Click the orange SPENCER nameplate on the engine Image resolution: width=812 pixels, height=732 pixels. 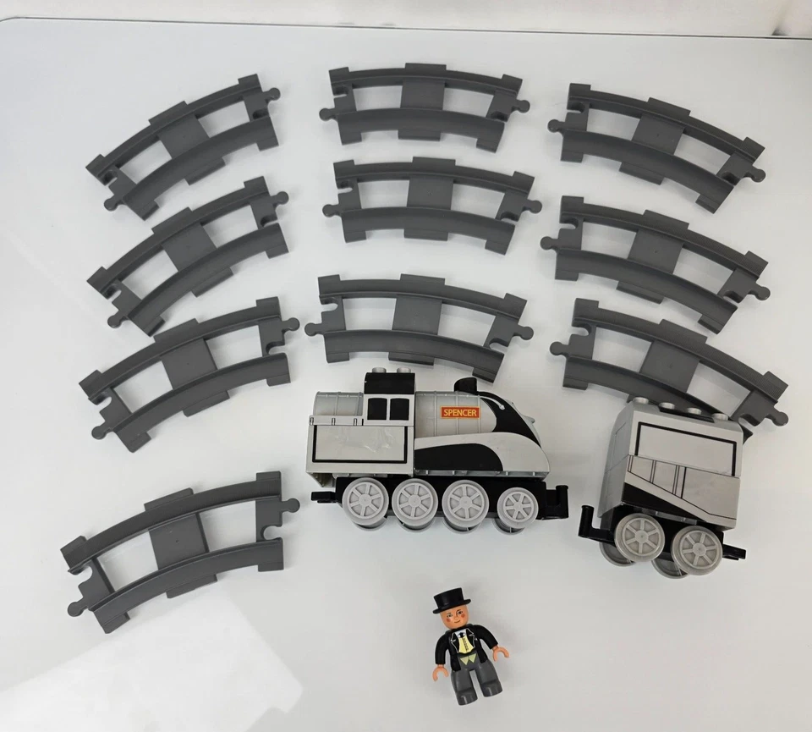point(459,412)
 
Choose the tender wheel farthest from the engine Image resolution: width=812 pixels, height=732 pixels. point(696,548)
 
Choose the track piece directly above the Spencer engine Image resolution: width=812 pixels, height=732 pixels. point(420,316)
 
